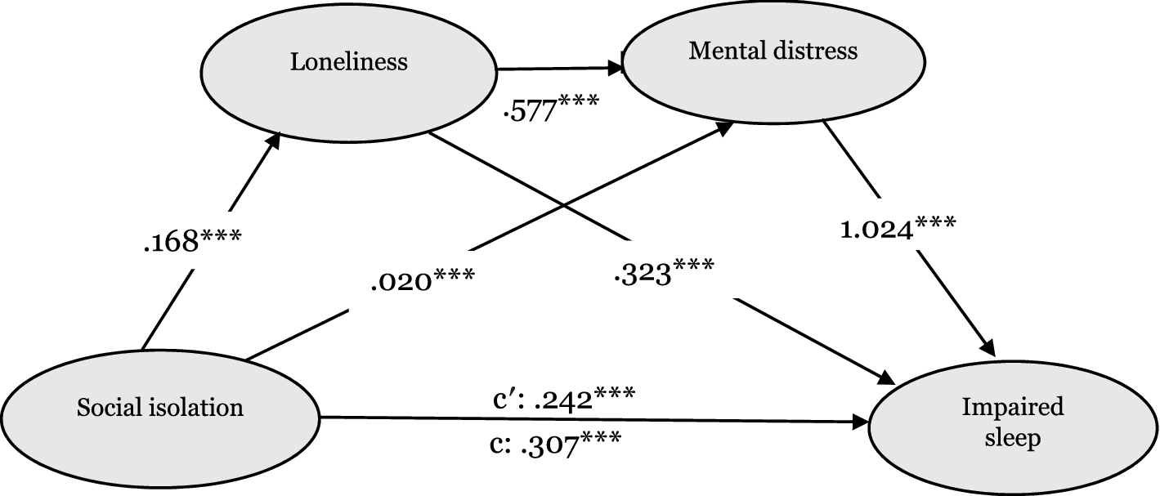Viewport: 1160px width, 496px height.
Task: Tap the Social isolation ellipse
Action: pyautogui.click(x=160, y=408)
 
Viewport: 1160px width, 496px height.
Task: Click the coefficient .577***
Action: pyautogui.click(x=551, y=109)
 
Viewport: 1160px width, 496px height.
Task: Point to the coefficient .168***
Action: pyautogui.click(x=190, y=243)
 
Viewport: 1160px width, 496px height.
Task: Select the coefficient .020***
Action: pyautogui.click(x=420, y=282)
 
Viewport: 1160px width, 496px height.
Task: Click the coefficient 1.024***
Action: pyautogui.click(x=897, y=229)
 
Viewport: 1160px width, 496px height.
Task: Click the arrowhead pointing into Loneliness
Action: pyautogui.click(x=275, y=141)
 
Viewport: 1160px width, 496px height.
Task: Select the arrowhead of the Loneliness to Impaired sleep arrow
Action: pyautogui.click(x=887, y=378)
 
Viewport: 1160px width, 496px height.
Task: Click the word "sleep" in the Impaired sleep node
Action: pyautogui.click(x=1013, y=439)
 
